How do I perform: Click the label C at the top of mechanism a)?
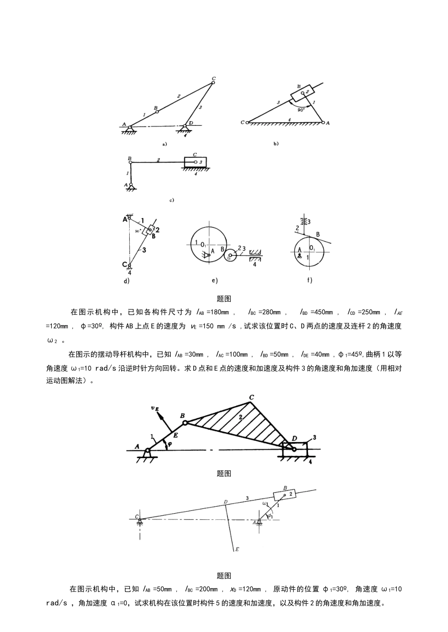214,78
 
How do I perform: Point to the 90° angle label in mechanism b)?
301,109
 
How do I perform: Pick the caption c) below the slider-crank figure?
172,200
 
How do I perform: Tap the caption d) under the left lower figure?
126,281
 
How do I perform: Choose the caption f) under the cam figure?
310,281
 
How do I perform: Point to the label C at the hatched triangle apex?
251,397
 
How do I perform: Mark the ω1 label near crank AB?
265,503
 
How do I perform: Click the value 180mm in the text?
220,312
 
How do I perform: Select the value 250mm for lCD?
370,312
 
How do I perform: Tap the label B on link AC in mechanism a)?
156,108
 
